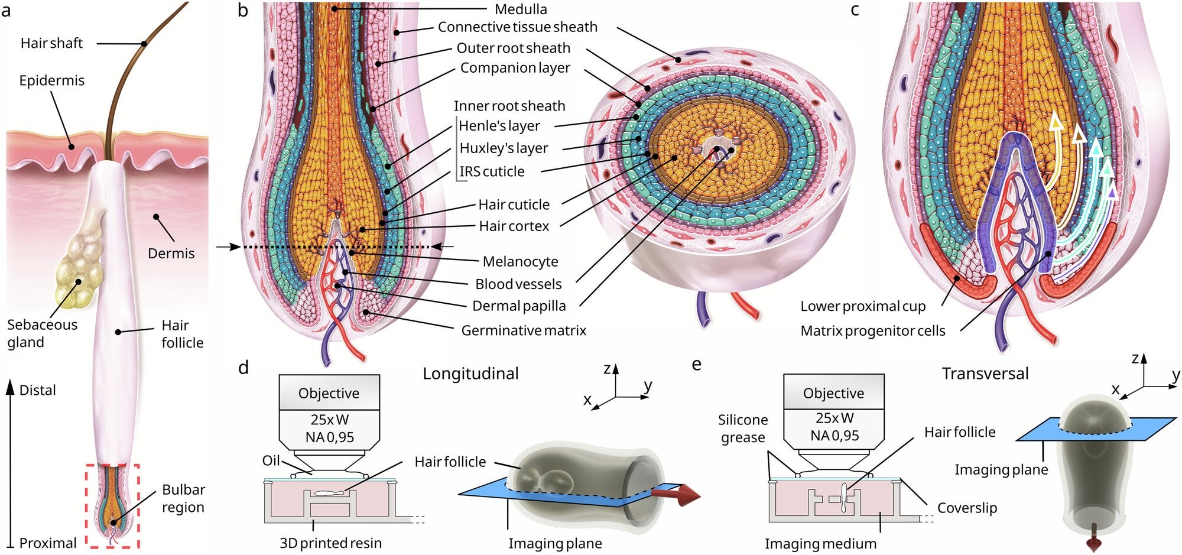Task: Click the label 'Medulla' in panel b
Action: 521,9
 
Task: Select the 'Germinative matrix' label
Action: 524,330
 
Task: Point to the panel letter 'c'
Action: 855,10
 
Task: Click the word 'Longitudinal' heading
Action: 470,374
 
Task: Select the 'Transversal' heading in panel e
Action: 985,374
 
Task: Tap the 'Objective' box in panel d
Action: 329,393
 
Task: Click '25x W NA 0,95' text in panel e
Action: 834,427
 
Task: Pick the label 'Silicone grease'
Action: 743,429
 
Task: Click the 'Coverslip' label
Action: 967,508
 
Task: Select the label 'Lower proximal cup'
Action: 863,306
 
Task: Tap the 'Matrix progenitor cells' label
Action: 872,331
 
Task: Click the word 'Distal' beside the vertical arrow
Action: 37,390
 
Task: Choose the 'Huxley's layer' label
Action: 504,148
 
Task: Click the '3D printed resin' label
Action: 330,543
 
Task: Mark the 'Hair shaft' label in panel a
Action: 51,43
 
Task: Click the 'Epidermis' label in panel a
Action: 51,80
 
